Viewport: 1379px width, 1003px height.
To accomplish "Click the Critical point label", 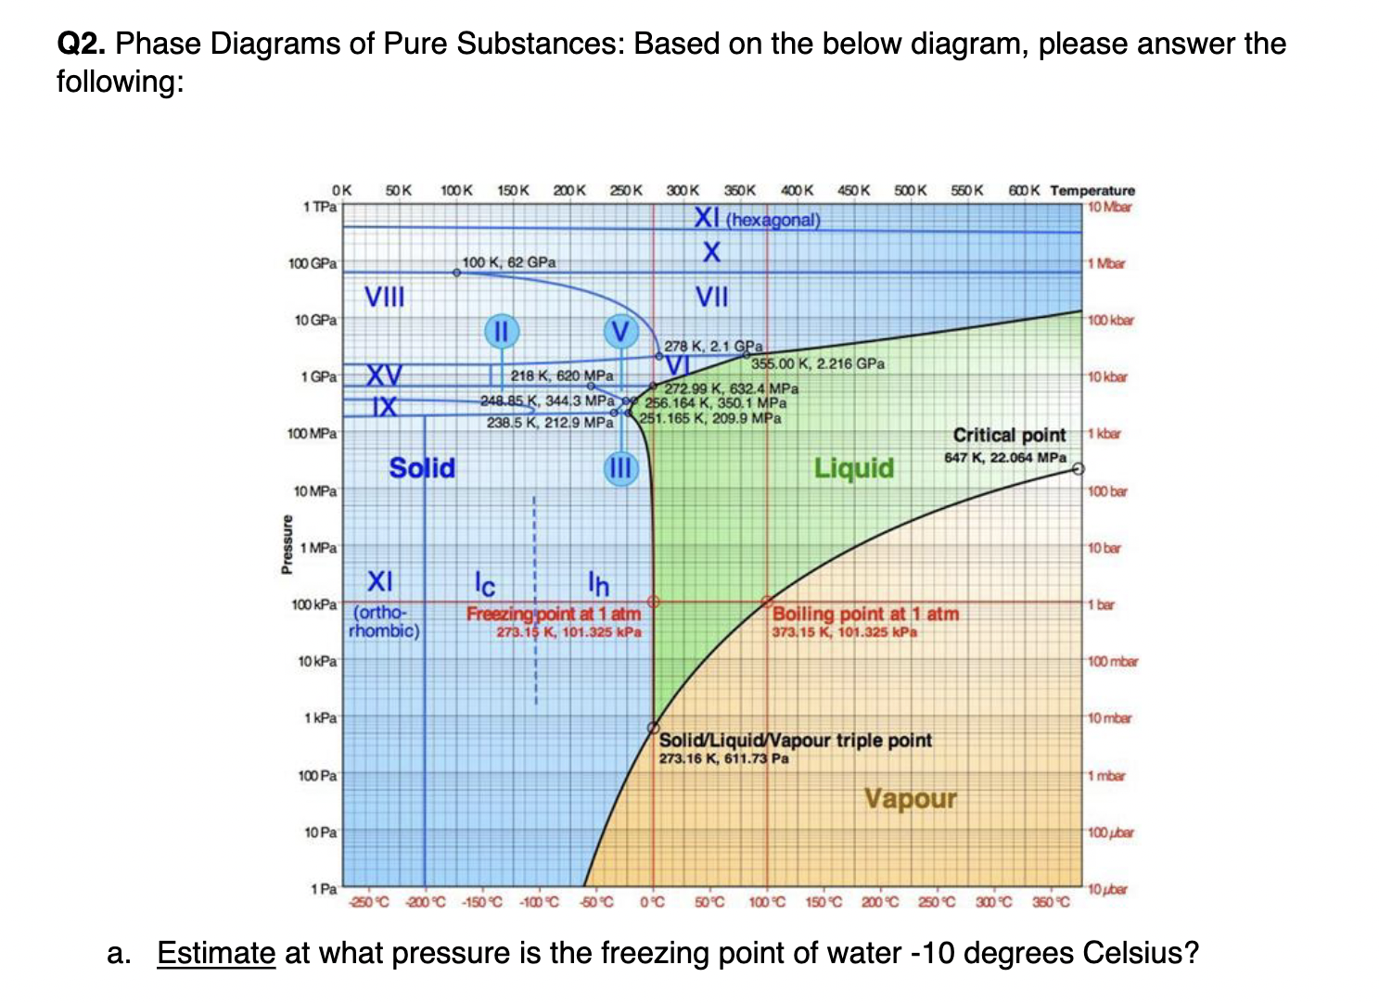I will (1009, 436).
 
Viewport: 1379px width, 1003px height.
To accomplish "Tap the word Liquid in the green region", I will (853, 468).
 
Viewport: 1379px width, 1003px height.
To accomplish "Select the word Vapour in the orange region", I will (910, 798).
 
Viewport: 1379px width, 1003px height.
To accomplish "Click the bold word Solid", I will (422, 468).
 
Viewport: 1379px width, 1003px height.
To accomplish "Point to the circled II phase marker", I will (501, 331).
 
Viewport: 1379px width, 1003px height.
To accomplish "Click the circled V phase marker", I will (620, 331).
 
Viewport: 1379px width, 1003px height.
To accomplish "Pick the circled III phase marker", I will (619, 469).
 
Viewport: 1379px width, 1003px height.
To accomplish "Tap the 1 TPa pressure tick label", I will (320, 207).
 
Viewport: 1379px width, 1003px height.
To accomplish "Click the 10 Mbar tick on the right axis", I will (1109, 207).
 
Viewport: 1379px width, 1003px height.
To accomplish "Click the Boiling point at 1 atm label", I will (865, 614).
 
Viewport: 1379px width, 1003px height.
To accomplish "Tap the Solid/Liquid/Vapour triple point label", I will (795, 741).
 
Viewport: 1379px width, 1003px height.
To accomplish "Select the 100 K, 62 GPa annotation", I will (509, 262).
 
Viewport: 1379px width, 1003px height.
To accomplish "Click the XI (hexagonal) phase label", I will (758, 220).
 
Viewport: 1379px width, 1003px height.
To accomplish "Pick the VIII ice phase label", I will (384, 297).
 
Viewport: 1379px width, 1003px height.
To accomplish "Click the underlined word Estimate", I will (216, 953).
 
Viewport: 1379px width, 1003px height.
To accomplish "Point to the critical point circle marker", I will (1077, 469).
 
